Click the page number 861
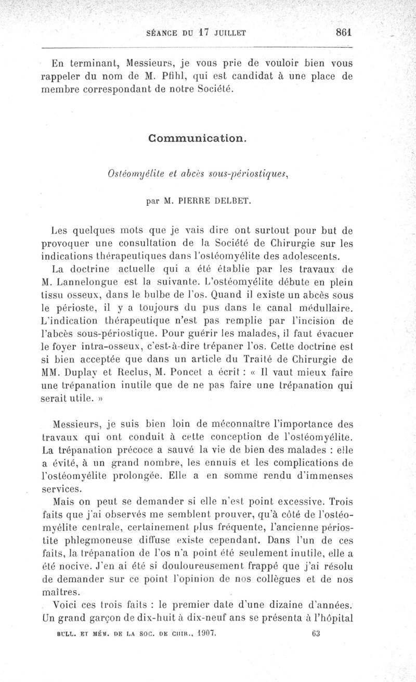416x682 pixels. click(344, 31)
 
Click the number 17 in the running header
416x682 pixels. click(203, 32)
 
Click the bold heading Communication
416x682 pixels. click(197, 138)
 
